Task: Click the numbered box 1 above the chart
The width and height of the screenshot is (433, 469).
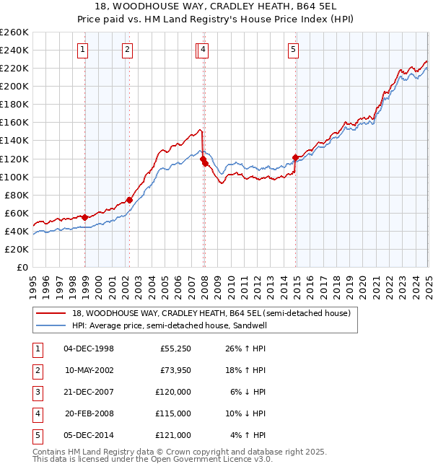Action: click(83, 50)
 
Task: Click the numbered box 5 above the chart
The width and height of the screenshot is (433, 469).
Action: click(294, 50)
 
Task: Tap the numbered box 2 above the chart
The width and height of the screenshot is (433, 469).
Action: click(127, 50)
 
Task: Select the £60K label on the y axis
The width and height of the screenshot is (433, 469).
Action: click(17, 213)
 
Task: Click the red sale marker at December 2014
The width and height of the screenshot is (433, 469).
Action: click(295, 157)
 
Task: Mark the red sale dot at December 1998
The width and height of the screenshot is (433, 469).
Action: click(85, 217)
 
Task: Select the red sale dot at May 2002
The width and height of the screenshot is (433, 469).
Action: click(130, 200)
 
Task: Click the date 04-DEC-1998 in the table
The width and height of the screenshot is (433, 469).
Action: click(89, 349)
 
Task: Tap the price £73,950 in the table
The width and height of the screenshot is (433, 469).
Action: click(173, 370)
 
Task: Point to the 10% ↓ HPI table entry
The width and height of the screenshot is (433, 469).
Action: click(246, 413)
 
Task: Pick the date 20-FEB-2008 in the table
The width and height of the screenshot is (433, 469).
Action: click(89, 413)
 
